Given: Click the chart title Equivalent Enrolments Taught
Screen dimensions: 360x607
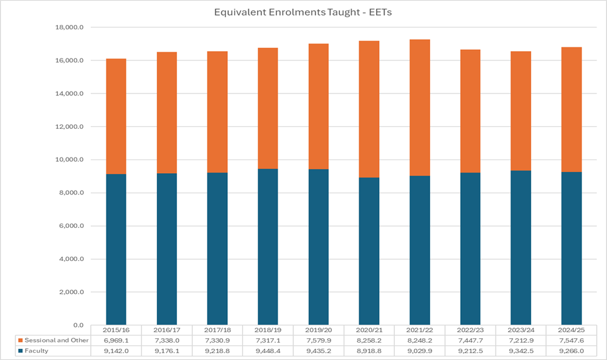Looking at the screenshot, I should (303, 12).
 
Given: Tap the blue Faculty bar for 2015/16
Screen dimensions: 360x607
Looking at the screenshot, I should (116, 249).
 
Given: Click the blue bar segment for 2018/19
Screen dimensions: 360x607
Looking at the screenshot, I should (268, 247).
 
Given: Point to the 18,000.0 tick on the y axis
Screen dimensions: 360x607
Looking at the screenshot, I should (70, 27).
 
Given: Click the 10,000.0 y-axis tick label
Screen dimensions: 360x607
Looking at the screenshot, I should (70, 159).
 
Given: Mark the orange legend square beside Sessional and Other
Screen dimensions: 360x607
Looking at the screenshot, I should (21, 340).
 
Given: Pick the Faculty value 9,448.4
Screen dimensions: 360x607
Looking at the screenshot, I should (268, 351).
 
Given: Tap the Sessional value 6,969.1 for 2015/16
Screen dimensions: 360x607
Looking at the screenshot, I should (116, 340).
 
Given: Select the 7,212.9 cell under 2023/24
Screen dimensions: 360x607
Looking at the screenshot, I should (520, 340).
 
